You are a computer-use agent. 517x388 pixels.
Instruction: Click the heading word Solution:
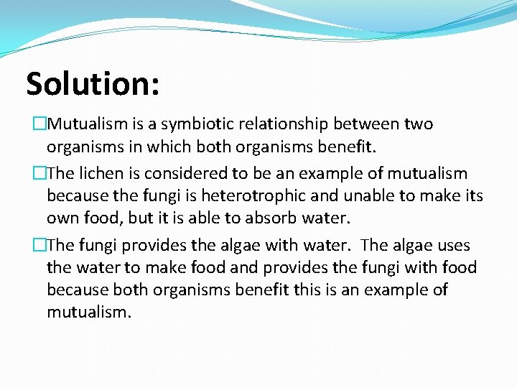pyautogui.click(x=93, y=84)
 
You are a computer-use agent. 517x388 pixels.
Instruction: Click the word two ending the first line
pyautogui.click(x=419, y=124)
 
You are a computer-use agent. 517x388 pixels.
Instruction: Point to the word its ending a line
pyautogui.click(x=472, y=195)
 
